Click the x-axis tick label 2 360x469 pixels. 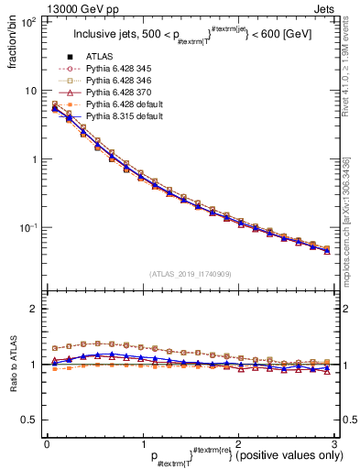pos(237,442)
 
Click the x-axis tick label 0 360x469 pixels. pos(47,442)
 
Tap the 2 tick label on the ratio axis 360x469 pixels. pos(33,309)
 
